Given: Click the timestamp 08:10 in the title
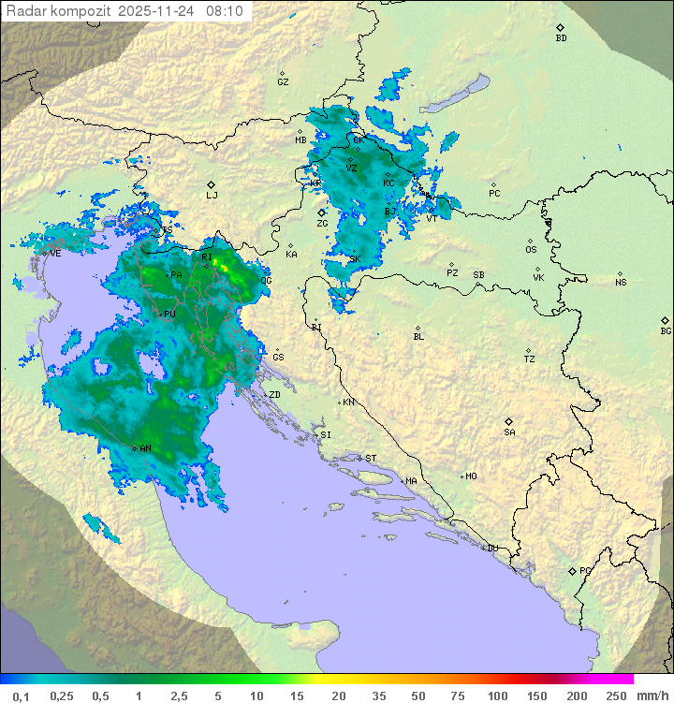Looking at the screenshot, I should [224, 11].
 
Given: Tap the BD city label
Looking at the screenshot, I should [561, 38].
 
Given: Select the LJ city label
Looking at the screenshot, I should [212, 196].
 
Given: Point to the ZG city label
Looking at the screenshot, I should [322, 224].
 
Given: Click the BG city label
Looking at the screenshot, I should [666, 330].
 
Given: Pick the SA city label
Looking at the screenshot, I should [509, 432].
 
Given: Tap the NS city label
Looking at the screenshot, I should [621, 283].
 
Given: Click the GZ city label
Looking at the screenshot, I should [283, 82].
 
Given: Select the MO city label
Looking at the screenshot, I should [471, 476].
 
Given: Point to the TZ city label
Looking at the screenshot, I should [530, 359].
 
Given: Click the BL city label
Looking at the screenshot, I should [418, 337].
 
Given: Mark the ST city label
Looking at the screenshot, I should [371, 459].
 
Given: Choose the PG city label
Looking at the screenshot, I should [585, 570].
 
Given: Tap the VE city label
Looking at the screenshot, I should [55, 254].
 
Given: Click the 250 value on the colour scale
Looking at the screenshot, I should [615, 696].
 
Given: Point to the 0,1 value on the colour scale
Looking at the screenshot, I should [21, 696].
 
